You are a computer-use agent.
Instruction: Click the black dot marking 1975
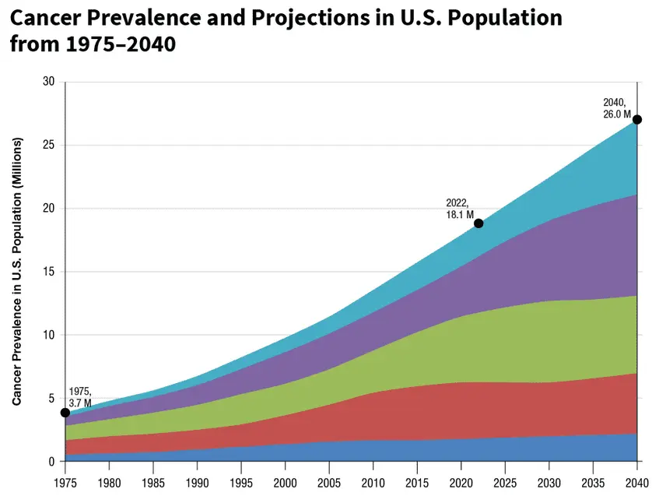pos(65,413)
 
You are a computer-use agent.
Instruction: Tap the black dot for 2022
pos(478,223)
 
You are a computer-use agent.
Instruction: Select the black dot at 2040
pos(637,119)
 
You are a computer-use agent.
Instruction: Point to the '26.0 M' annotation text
pos(617,114)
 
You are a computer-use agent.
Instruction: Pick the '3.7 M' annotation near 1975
pos(80,403)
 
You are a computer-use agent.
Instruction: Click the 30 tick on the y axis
pos(48,82)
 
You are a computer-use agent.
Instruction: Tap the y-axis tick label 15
pos(48,272)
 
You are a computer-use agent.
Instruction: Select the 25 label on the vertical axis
pos(48,146)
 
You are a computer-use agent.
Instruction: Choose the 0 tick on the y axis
pos(51,462)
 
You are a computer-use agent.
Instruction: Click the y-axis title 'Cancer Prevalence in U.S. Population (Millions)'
pos(17,271)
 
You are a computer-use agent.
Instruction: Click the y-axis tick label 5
pos(51,398)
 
